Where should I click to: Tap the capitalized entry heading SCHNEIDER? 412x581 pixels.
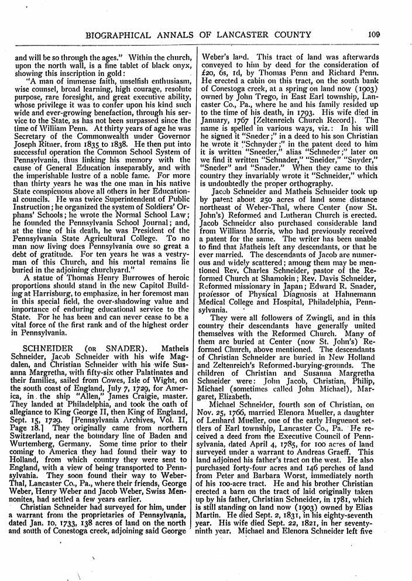pos(42,349)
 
